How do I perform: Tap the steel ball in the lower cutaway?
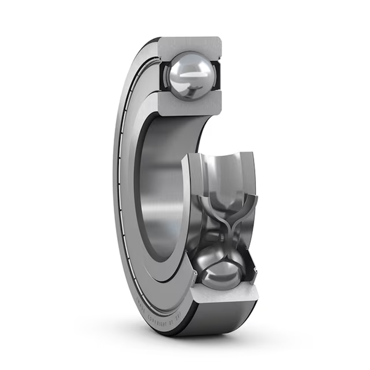(221, 269)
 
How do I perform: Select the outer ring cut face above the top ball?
(189, 44)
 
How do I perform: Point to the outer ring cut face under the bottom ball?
(223, 297)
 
